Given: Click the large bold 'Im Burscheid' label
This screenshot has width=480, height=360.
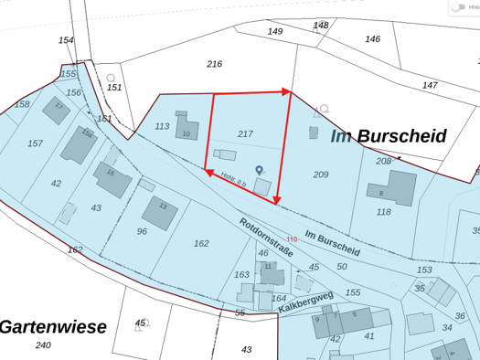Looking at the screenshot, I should click(x=389, y=136).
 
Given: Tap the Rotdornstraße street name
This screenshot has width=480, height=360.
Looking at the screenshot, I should click(x=265, y=236).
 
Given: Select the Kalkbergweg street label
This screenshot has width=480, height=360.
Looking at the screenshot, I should click(x=305, y=302).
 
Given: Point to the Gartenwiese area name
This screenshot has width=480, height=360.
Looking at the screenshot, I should click(x=53, y=326).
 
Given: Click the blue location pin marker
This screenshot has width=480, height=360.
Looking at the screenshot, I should click(x=259, y=170).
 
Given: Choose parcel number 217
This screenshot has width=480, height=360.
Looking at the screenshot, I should click(x=245, y=133).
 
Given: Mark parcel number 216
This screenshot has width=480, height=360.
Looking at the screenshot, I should click(x=214, y=64).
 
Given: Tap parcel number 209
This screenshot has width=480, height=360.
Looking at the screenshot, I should click(x=320, y=175).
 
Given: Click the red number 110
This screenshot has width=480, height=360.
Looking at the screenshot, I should click(x=317, y=239).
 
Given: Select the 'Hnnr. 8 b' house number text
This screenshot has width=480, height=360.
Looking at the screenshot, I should click(x=233, y=181).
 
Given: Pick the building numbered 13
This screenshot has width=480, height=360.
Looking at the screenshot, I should click(x=160, y=212).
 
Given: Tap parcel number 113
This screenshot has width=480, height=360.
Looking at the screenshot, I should click(x=162, y=126).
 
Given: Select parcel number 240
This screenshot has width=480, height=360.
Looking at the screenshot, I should click(x=43, y=344).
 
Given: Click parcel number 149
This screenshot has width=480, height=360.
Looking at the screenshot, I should click(x=274, y=31).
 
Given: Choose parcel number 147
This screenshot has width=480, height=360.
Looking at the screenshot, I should click(x=430, y=85).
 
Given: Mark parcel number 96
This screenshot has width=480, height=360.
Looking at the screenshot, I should click(x=142, y=231).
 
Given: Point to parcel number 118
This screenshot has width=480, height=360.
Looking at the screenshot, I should click(x=383, y=211).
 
